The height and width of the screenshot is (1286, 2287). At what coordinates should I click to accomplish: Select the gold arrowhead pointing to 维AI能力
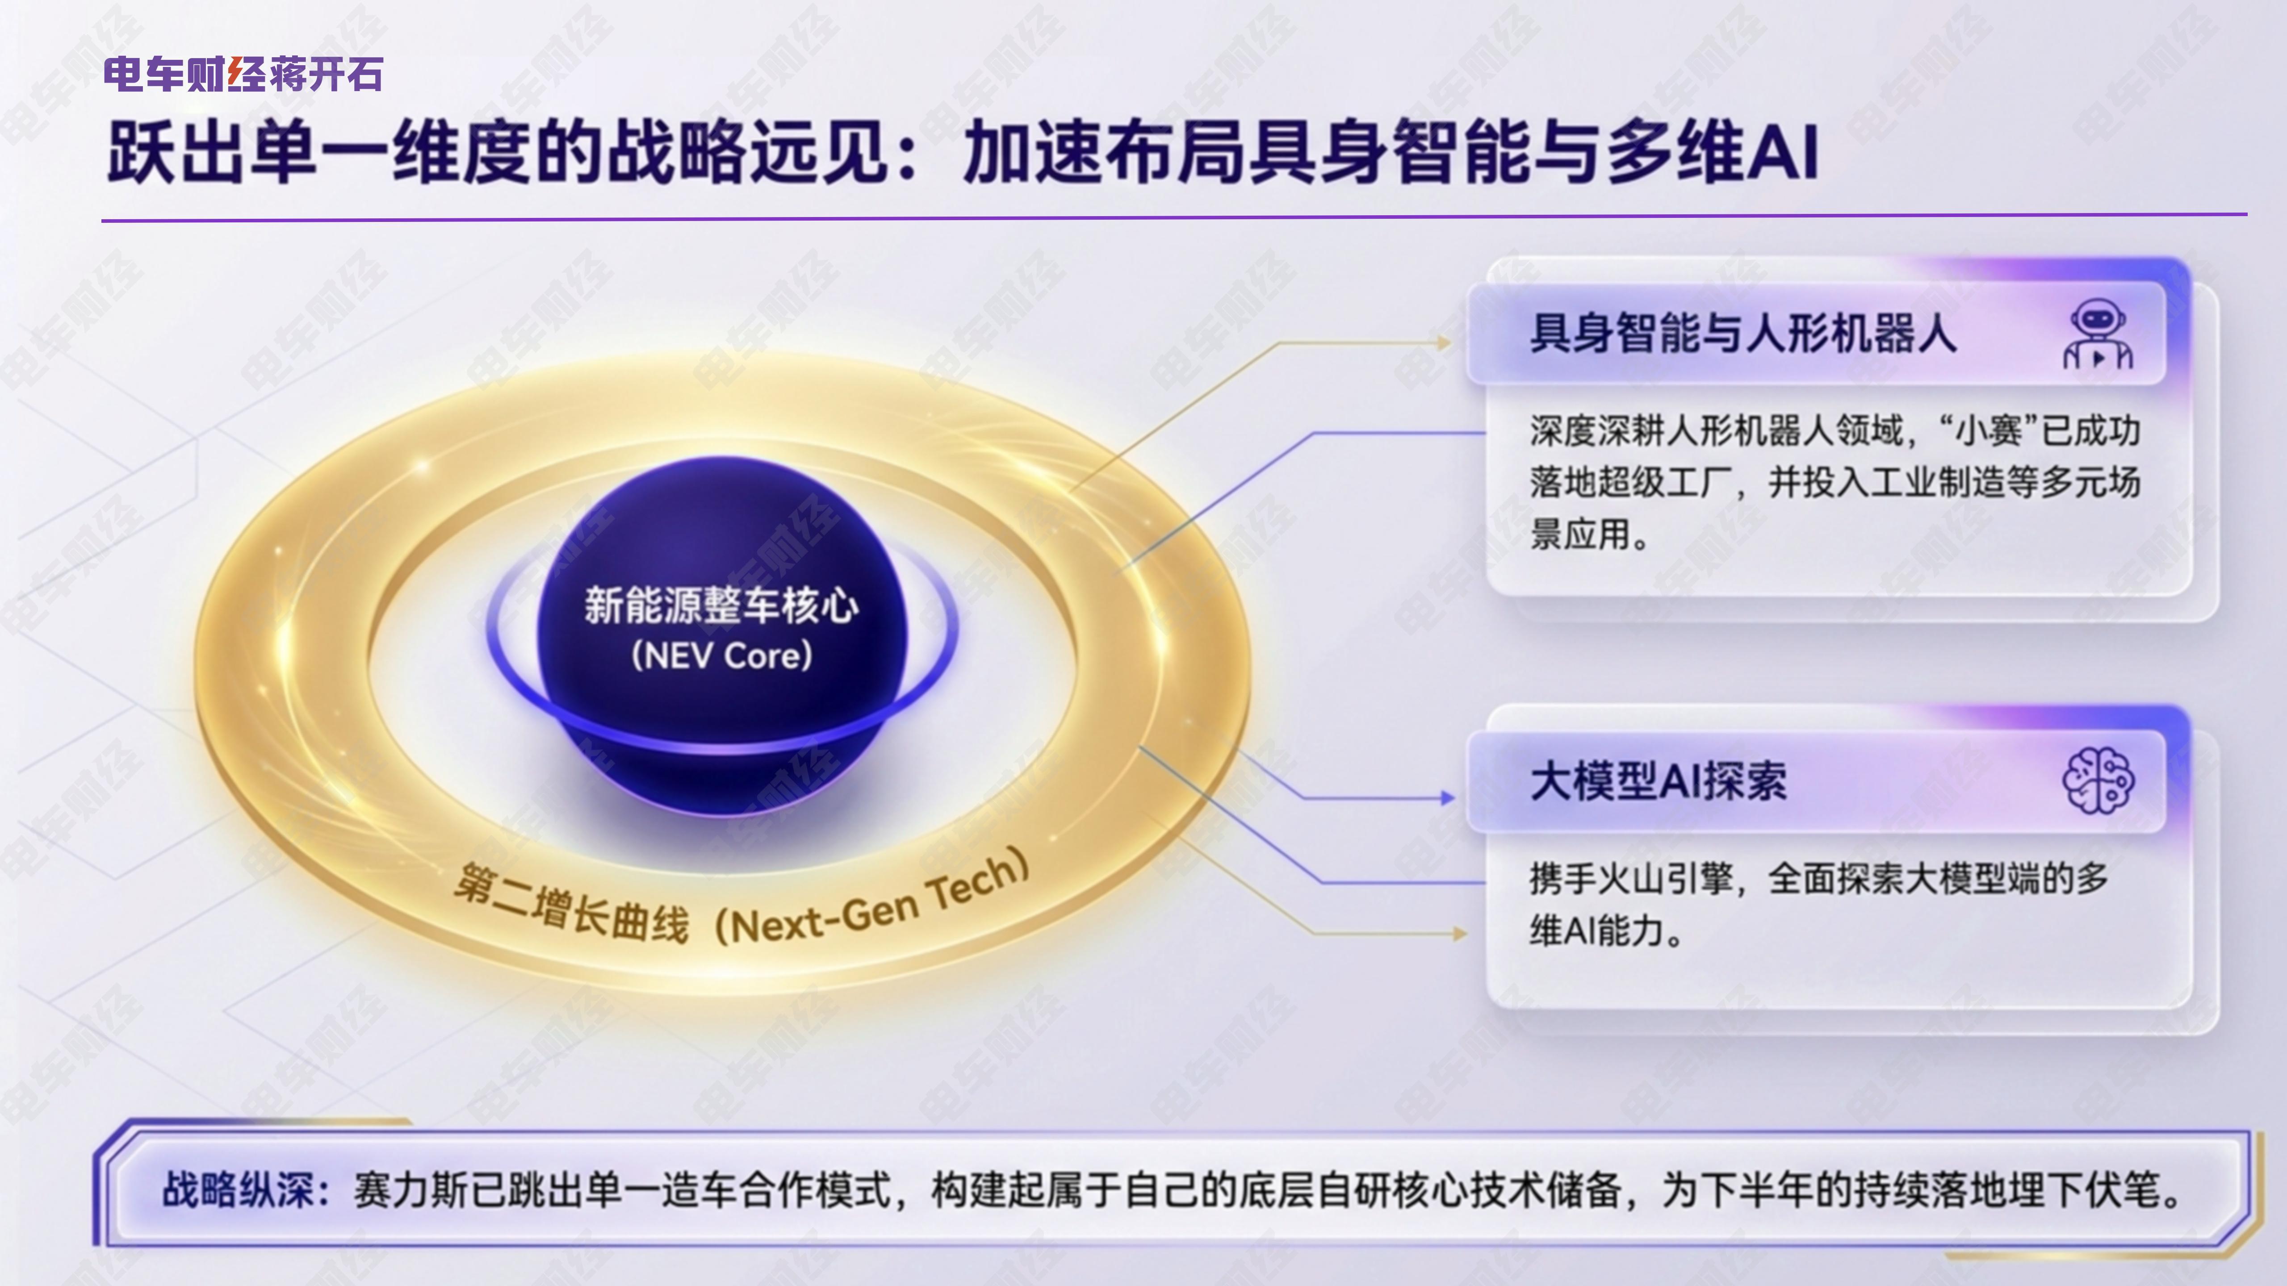[x=1459, y=934]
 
